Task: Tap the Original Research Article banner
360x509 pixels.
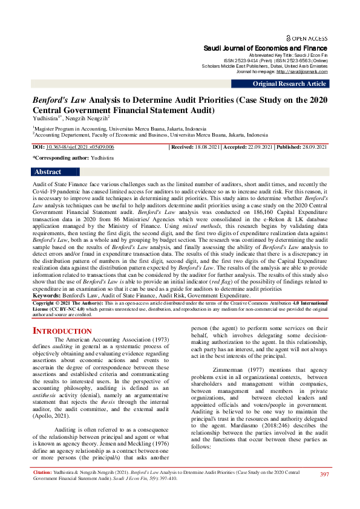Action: [289, 83]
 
